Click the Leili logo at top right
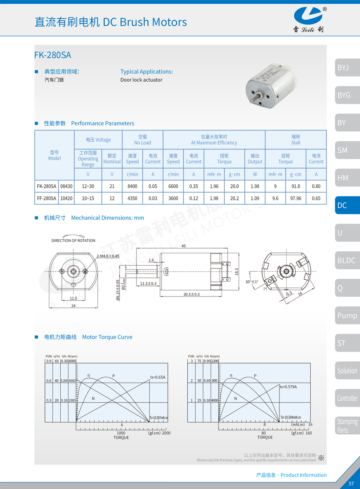coord(308,19)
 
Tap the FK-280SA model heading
coord(52,55)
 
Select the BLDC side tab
coord(347,260)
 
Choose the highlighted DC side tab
coord(347,205)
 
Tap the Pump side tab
coord(347,315)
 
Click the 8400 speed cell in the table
coord(132,186)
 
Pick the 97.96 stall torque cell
coord(296,198)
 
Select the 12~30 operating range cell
coord(88,186)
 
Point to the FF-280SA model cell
coord(47,198)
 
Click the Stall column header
coord(295,140)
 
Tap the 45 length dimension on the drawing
coord(183,246)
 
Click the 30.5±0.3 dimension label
coord(191,294)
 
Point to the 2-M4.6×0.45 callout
coord(108,256)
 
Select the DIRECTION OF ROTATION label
coord(73,240)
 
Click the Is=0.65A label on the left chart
coord(158,377)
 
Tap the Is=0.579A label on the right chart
coord(288,387)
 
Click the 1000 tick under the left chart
coord(121,433)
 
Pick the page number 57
coord(351,484)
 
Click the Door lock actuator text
coord(142,80)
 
